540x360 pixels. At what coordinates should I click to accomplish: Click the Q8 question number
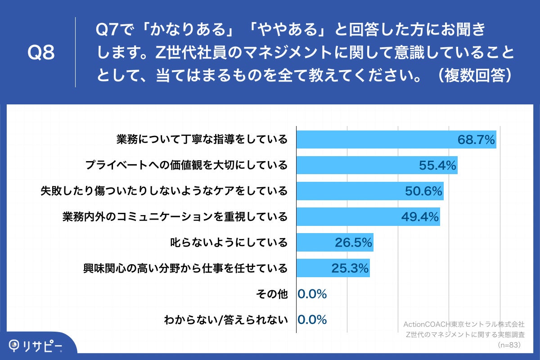coord(41,53)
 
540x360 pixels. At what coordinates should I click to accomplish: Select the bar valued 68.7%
coord(396,139)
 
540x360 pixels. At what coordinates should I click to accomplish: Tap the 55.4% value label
coord(438,166)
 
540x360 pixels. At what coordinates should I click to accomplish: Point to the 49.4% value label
coord(420,217)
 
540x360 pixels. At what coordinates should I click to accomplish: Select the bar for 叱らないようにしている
coord(335,243)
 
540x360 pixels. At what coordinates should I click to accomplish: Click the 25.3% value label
coord(350,269)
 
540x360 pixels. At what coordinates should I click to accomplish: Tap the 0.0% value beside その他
coord(312,294)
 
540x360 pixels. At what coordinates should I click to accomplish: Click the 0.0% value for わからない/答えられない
coord(312,320)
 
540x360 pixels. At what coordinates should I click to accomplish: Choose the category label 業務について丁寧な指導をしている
coord(202,139)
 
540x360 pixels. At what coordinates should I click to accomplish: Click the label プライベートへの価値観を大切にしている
coord(186,166)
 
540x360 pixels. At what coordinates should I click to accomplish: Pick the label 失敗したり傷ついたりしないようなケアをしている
coord(164,191)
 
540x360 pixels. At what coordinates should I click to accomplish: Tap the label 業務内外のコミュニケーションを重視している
coord(175,217)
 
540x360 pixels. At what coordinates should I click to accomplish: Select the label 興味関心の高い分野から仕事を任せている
coord(185,269)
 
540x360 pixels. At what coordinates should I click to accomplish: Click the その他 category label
coord(271,294)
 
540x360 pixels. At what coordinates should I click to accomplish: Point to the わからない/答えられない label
coord(225,320)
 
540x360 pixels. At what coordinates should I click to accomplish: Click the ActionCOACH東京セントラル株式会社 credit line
coord(464,324)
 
